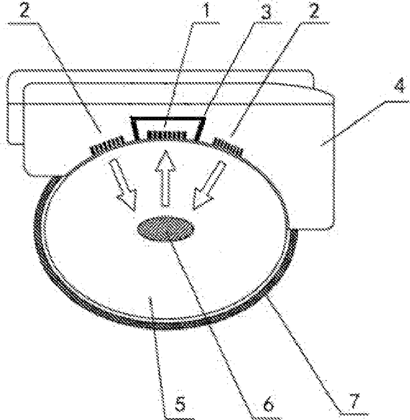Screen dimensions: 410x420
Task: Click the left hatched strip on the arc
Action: coord(108,147)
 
